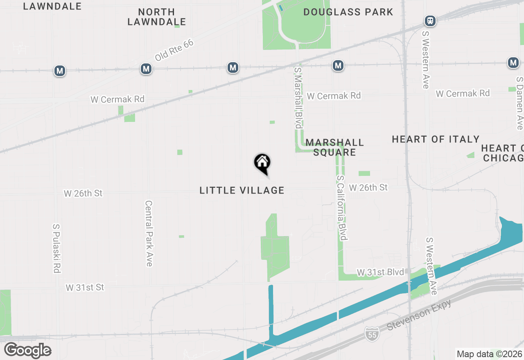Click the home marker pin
tap(262, 163)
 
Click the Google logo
tap(27, 351)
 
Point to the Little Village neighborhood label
tap(242, 190)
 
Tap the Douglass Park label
tap(348, 12)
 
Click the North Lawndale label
tap(156, 17)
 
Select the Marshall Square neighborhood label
tap(334, 147)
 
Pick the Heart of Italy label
tap(436, 139)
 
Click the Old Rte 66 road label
tap(174, 50)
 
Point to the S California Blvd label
tap(342, 208)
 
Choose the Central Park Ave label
tap(149, 233)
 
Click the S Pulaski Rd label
tap(56, 248)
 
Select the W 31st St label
tap(85, 288)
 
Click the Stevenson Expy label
tap(419, 315)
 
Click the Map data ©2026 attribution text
tap(489, 354)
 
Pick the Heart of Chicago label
tap(503, 153)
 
